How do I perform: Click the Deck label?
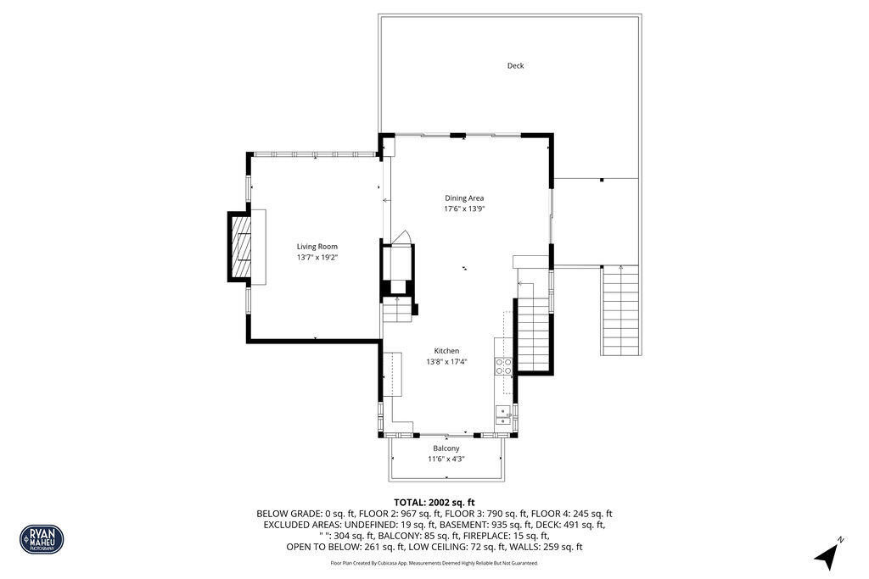pyautogui.click(x=515, y=65)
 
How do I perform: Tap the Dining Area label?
pyautogui.click(x=464, y=198)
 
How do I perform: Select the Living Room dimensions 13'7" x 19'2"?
pyautogui.click(x=317, y=257)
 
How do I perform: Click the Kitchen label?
pyautogui.click(x=446, y=351)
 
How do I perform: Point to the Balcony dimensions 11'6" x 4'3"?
pyautogui.click(x=446, y=459)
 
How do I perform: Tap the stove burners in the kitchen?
pyautogui.click(x=504, y=366)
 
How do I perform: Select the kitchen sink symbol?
pyautogui.click(x=503, y=415)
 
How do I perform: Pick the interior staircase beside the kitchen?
pyautogui.click(x=534, y=335)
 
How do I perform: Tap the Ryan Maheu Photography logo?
pyautogui.click(x=42, y=539)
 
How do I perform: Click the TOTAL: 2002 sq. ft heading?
pyautogui.click(x=434, y=503)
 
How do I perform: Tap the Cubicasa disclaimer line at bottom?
pyautogui.click(x=434, y=563)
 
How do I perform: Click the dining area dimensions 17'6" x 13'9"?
pyautogui.click(x=464, y=209)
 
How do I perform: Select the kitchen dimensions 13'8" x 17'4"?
pyautogui.click(x=446, y=362)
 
